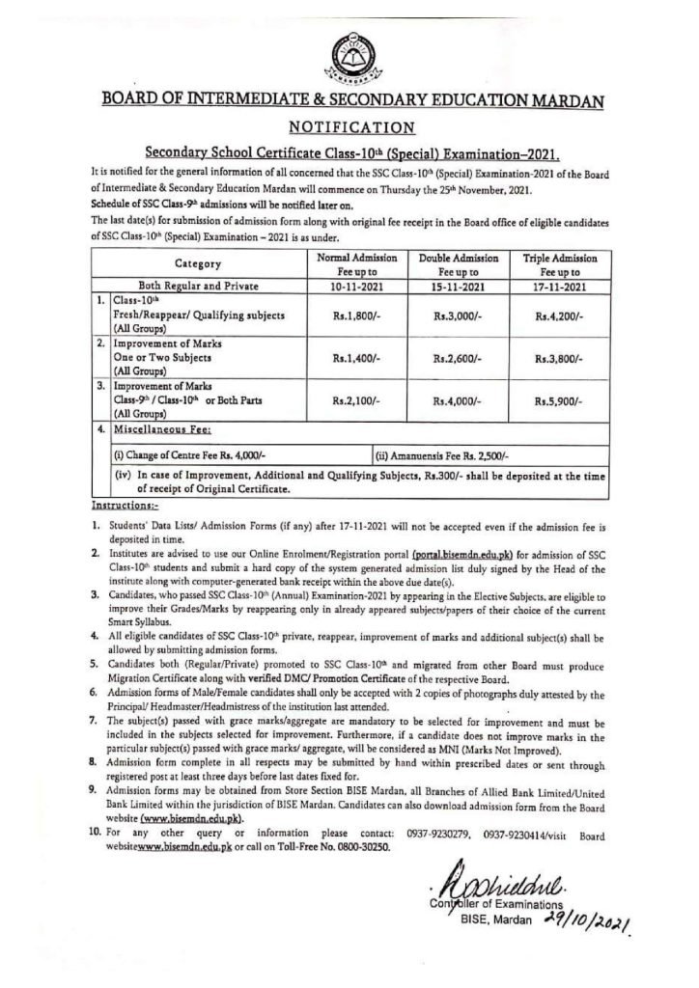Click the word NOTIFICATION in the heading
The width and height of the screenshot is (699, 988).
[349, 126]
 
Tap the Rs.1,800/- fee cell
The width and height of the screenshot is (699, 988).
[355, 315]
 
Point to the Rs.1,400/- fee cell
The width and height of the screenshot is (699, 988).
[355, 357]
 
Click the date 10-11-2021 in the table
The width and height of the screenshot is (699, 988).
[355, 288]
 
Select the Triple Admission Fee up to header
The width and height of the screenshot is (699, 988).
[560, 265]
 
